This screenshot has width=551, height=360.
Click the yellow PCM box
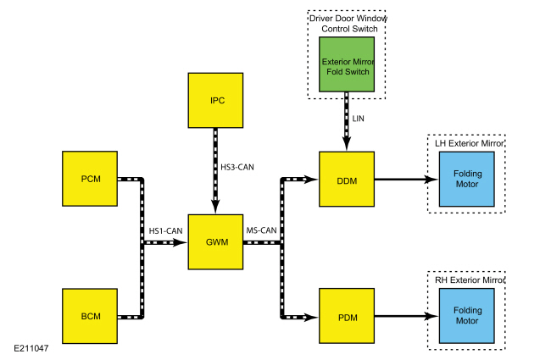coord(90,179)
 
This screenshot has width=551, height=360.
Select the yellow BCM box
coord(90,316)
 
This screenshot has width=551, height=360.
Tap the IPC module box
coord(215,101)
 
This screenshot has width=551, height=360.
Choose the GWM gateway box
coord(215,242)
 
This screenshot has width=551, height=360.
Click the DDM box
coord(347,179)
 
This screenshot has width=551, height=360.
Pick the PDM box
coord(347,316)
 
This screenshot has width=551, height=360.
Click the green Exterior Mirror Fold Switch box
coord(347,64)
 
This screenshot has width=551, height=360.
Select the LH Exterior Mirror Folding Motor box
coord(467,179)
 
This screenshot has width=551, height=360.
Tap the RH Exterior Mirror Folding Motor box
coord(467,316)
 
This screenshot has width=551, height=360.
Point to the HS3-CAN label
coord(237,167)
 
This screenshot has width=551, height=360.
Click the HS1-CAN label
coord(165,230)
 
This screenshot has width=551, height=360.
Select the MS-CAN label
coord(261,230)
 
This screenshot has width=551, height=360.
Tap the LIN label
coord(358,119)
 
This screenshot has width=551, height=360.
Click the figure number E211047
coord(31,348)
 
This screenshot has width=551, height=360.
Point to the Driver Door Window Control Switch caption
coord(348,24)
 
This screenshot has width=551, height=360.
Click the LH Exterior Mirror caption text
coord(470,143)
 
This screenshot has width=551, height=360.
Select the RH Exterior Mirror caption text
coord(470,280)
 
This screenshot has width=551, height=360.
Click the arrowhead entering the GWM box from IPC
coord(215,207)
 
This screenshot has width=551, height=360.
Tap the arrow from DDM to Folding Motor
coord(407,179)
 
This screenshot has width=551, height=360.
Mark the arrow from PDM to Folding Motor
coord(407,316)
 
